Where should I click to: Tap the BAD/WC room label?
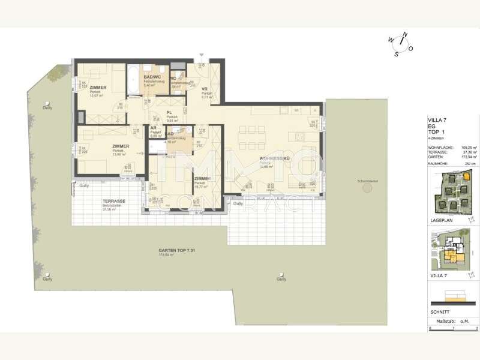click(152, 77)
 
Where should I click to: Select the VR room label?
click(205, 89)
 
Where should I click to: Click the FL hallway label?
click(169, 112)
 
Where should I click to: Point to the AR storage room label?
click(154, 128)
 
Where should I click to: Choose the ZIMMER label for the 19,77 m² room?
click(202, 179)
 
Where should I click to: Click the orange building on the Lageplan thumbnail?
click(466, 178)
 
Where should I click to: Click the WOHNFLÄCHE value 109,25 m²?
click(468, 147)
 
